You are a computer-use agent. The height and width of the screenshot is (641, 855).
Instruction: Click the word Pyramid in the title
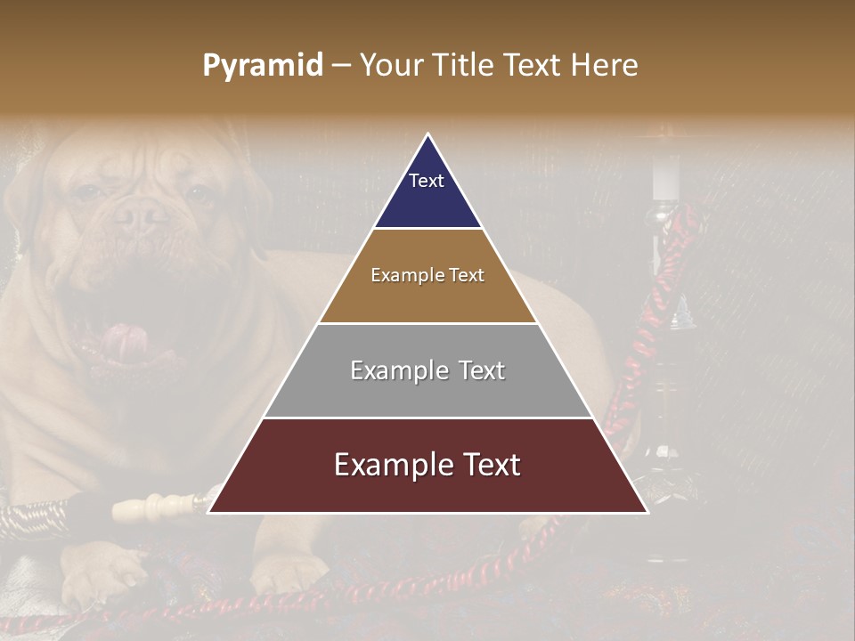262,66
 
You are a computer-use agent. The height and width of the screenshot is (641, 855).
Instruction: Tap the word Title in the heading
460,66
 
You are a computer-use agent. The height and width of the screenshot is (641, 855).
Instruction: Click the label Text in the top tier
427,182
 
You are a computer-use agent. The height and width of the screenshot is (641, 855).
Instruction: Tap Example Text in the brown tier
427,275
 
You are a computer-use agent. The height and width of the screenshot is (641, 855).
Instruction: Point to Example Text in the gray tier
427,370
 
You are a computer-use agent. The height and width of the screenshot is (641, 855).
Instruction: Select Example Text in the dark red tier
427,465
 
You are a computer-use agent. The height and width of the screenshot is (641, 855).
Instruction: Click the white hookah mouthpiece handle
160,507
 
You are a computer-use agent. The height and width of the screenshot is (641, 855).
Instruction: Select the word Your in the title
390,66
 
